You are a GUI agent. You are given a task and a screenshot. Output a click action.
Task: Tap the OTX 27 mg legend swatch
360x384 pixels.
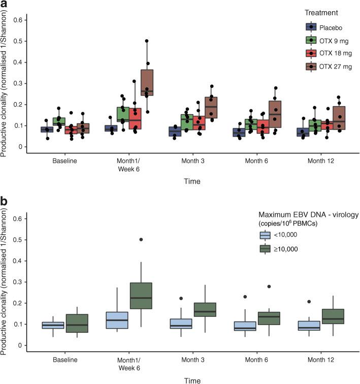311,67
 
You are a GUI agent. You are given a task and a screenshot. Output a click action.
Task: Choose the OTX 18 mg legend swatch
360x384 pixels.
311,53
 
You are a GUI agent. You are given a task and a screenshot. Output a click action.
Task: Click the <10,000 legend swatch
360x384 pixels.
265,235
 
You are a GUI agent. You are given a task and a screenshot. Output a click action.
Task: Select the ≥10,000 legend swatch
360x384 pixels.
265,249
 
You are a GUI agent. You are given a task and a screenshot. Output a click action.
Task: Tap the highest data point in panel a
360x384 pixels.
147,41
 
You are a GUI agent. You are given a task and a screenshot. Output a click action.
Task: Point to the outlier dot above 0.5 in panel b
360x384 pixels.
140,239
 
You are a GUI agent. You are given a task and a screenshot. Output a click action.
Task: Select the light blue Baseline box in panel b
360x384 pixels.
53,325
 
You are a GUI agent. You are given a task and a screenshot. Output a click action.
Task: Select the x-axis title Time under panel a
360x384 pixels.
192,181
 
